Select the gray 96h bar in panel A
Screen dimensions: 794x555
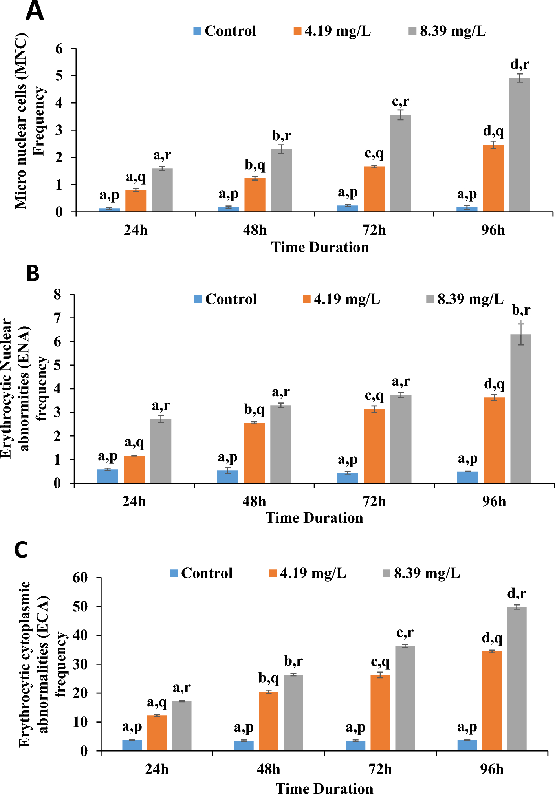tap(519, 145)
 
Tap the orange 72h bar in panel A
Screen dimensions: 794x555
tap(374, 189)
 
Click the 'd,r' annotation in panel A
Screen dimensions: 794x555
tap(520, 64)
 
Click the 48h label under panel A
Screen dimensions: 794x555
tap(255, 230)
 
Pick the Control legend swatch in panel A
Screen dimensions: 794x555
tap(198, 31)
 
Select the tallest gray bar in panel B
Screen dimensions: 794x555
tap(520, 408)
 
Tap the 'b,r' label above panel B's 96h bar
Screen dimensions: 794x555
tap(521, 310)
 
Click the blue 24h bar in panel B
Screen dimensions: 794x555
tap(108, 476)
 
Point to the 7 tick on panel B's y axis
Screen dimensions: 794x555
tap(58, 318)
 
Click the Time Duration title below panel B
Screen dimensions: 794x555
tap(314, 518)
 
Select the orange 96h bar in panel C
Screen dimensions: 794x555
tap(492, 701)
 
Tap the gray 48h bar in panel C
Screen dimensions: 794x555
tap(293, 712)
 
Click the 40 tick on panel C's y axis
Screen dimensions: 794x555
tap(81, 635)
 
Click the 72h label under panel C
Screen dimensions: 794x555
tap(380, 769)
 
